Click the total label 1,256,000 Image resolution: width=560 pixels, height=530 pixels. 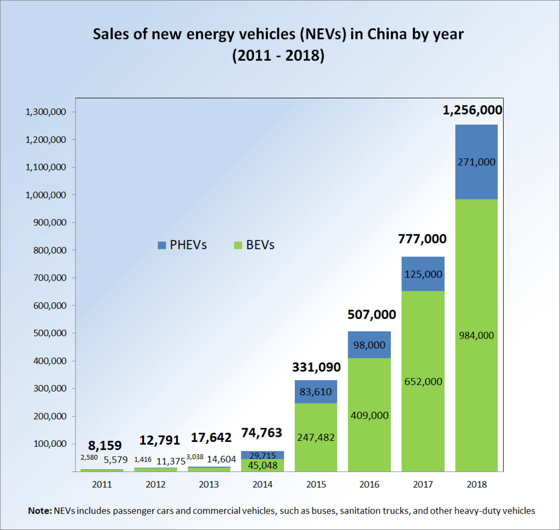point(472,110)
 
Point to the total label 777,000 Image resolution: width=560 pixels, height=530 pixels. point(422,239)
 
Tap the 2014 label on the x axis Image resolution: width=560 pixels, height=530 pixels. point(262,484)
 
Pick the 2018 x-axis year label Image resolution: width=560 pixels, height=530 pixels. point(476,484)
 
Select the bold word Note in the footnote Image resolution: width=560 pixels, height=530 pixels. point(39,511)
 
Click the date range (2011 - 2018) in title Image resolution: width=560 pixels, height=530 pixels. point(279,56)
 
